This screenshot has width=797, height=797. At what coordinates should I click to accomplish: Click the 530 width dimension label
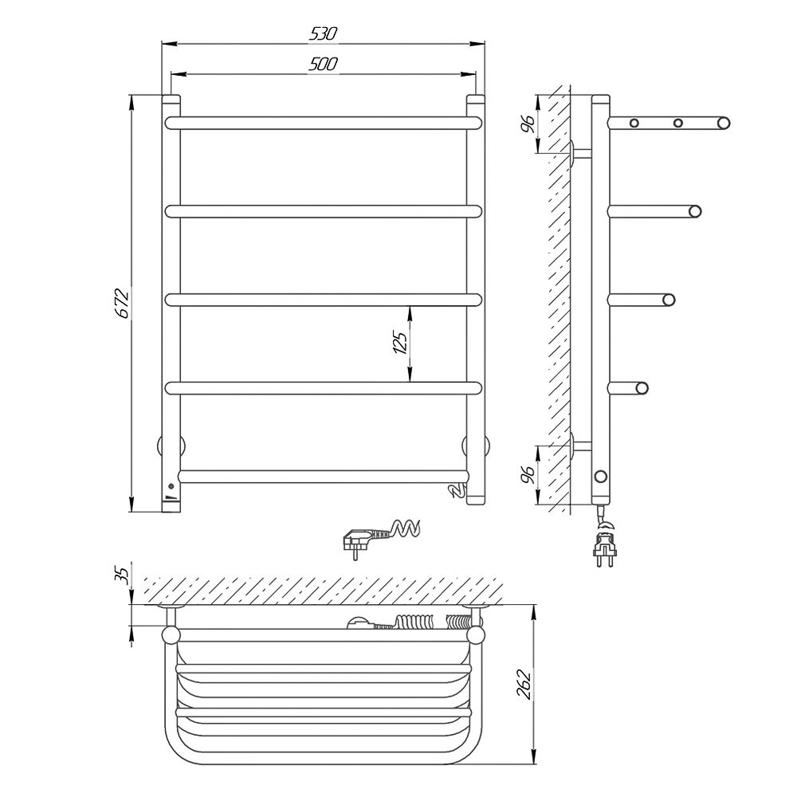pyautogui.click(x=324, y=33)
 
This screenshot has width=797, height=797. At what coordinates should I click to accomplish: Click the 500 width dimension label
pyautogui.click(x=324, y=64)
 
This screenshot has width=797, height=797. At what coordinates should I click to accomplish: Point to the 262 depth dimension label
pyautogui.click(x=524, y=685)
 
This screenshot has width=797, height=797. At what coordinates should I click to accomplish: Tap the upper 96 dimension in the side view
pyautogui.click(x=528, y=123)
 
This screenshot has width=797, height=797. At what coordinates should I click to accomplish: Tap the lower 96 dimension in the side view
pyautogui.click(x=528, y=474)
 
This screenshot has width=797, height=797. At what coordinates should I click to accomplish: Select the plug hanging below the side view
pyautogui.click(x=604, y=543)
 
